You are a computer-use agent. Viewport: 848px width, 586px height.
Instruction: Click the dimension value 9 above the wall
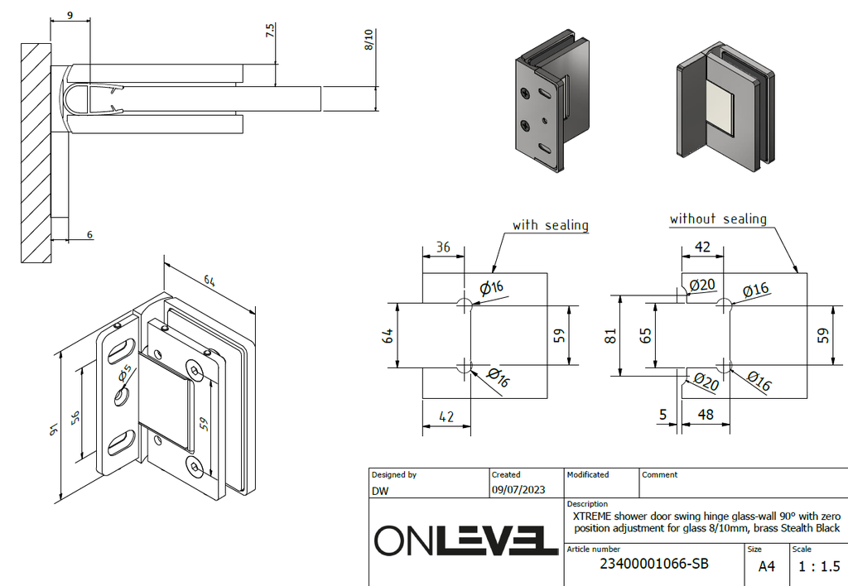point(70,14)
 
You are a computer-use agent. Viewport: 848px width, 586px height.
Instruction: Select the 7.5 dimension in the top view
point(269,31)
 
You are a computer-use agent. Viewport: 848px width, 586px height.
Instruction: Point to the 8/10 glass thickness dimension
point(369,39)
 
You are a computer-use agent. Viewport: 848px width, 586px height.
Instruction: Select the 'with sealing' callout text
point(550,225)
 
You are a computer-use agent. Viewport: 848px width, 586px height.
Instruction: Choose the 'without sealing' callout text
point(718,219)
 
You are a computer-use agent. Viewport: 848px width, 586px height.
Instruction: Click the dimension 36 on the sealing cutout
point(443,247)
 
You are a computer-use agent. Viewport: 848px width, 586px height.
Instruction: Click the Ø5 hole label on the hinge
point(125,375)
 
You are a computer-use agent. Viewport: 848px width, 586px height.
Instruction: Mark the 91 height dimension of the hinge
point(51,428)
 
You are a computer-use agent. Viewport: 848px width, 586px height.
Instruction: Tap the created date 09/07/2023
point(518,490)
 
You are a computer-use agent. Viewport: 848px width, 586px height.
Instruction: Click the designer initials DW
point(380,490)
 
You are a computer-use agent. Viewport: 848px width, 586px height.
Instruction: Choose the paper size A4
point(768,567)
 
